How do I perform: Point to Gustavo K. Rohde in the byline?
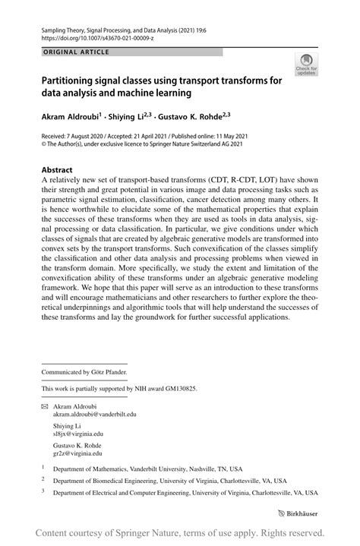191,118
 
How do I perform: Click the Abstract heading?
58,170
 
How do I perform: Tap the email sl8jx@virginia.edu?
78,434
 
